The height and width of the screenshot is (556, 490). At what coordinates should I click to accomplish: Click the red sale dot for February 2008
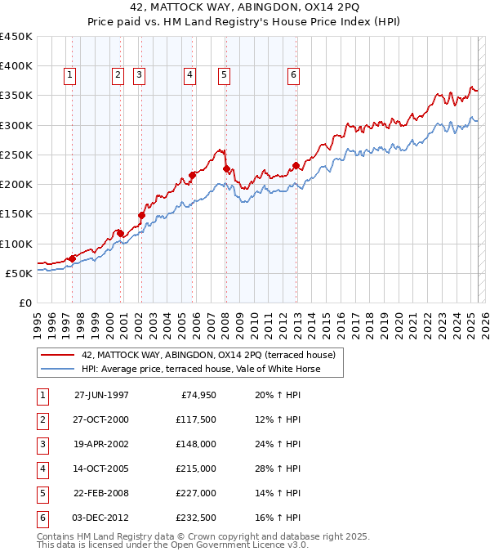[x=226, y=168]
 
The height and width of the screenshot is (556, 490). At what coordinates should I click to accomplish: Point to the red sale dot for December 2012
[x=296, y=165]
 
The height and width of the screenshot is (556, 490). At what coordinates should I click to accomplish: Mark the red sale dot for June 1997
[x=73, y=258]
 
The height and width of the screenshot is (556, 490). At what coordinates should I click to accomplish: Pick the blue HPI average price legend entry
[x=201, y=369]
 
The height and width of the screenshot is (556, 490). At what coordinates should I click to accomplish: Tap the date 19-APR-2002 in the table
[x=101, y=444]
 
